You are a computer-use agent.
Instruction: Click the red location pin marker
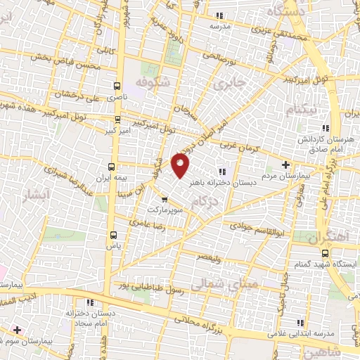(x=181, y=166)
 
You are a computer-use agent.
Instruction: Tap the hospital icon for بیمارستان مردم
(x=285, y=165)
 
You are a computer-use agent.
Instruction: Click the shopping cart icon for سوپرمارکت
(x=164, y=199)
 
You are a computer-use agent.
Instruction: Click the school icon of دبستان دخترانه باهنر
(x=222, y=171)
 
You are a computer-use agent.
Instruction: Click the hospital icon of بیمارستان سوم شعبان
(x=17, y=329)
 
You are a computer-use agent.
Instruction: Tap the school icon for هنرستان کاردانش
(x=324, y=128)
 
